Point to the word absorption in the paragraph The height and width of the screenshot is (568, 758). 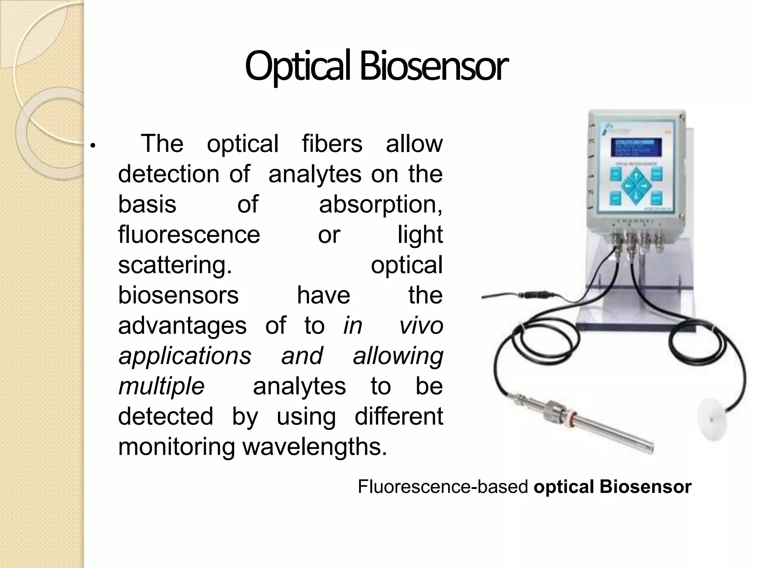tap(380, 204)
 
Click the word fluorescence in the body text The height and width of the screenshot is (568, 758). tap(189, 234)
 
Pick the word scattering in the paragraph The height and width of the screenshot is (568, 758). tap(175, 265)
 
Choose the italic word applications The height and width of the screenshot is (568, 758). tap(185, 356)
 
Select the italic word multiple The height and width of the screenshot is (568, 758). tap(161, 386)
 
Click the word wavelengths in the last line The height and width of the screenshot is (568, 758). tap(315, 447)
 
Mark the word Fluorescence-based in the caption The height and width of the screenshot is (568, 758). tap(443, 487)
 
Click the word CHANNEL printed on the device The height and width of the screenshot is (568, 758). tap(634, 221)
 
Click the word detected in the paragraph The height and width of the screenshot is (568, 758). tap(165, 417)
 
